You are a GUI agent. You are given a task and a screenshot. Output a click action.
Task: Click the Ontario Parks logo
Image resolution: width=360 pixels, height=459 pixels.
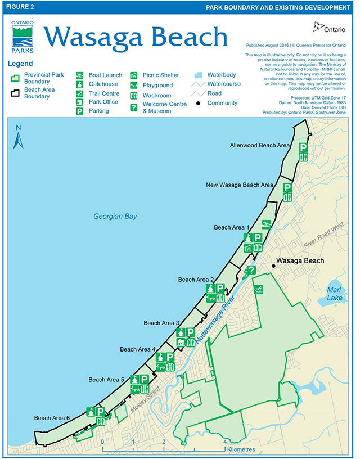pyautogui.click(x=22, y=36)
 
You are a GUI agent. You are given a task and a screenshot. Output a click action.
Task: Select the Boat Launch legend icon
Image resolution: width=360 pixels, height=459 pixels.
pyautogui.click(x=80, y=75)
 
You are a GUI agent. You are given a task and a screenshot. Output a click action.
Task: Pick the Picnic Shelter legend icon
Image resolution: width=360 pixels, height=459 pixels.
pyautogui.click(x=134, y=75)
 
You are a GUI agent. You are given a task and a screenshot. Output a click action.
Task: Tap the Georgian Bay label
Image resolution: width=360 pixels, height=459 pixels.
pyautogui.click(x=115, y=217)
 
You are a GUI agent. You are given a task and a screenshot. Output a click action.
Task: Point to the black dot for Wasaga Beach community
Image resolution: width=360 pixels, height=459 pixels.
pyautogui.click(x=273, y=262)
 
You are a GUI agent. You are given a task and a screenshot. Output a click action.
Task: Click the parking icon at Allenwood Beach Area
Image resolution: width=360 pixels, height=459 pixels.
pyautogui.click(x=303, y=147)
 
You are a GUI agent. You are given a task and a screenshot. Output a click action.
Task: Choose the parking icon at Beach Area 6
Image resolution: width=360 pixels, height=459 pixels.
pyautogui.click(x=101, y=412)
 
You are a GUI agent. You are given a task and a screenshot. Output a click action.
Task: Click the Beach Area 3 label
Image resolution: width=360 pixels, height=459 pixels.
pyautogui.click(x=161, y=323)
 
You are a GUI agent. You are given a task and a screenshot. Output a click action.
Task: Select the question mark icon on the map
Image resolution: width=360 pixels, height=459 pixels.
pyautogui.click(x=251, y=271)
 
